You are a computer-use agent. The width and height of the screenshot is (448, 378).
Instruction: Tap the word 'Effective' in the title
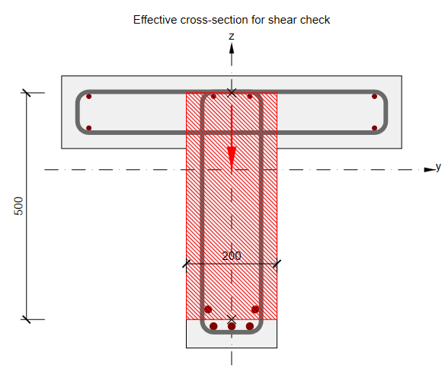pos(155,20)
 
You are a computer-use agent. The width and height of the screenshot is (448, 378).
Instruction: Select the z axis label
pos(232,37)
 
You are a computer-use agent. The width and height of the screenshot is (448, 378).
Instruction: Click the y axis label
pos(438,166)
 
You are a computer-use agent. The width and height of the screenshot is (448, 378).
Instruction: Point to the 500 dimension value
pos(18,206)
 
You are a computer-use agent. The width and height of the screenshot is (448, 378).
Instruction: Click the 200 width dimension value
pos(232,256)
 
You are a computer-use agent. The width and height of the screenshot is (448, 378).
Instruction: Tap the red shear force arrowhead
pos(232,158)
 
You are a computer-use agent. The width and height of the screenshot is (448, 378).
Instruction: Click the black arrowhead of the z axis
pos(232,48)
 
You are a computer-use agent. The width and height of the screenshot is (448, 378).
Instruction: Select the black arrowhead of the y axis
pos(430,170)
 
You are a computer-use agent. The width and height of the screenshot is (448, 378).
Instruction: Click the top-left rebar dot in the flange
pos(89,97)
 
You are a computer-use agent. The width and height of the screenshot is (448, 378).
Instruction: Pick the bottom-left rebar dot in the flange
pos(89,128)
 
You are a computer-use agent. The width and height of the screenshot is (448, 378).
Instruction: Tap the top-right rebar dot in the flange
pos(375,97)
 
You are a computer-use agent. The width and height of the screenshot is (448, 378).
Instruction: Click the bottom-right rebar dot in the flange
pos(375,128)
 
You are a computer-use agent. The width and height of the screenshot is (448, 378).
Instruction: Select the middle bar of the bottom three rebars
pos(232,326)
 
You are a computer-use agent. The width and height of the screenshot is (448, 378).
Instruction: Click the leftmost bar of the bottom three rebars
pos(213,326)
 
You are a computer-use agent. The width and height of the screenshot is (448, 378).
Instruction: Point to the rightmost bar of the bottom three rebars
pos(250,326)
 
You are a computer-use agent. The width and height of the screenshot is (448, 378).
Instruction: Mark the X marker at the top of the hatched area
pos(232,92)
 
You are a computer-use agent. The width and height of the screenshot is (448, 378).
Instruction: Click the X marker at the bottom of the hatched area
pos(232,319)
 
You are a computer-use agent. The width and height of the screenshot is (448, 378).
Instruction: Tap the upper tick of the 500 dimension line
pos(26,92)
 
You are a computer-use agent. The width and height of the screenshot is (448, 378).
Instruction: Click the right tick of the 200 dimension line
pos(277,264)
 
